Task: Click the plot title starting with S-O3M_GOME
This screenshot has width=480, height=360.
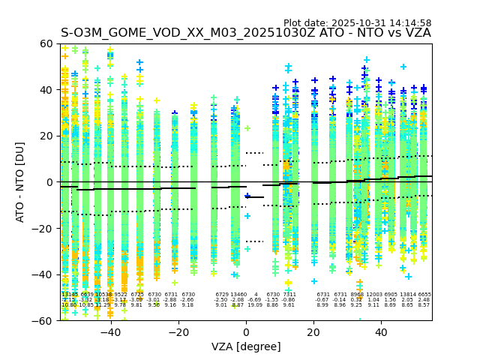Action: click(246, 33)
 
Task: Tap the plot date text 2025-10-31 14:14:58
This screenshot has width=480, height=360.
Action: click(357, 23)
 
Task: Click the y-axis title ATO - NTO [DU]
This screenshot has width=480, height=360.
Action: click(20, 182)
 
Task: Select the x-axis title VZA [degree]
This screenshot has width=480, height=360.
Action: click(246, 346)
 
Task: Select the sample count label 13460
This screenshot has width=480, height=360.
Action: click(238, 295)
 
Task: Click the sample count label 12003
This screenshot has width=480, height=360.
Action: click(373, 295)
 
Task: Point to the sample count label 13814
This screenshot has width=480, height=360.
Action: click(407, 295)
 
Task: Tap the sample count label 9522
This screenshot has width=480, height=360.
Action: click(121, 295)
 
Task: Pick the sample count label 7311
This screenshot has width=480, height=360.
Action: click(289, 295)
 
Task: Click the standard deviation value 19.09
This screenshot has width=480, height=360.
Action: click(255, 305)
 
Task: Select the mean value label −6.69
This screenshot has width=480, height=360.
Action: click(255, 300)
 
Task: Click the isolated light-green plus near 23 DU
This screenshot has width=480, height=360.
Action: click(247, 128)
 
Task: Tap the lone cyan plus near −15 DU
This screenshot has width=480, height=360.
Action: click(247, 216)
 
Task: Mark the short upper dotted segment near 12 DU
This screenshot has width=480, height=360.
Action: click(254, 153)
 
